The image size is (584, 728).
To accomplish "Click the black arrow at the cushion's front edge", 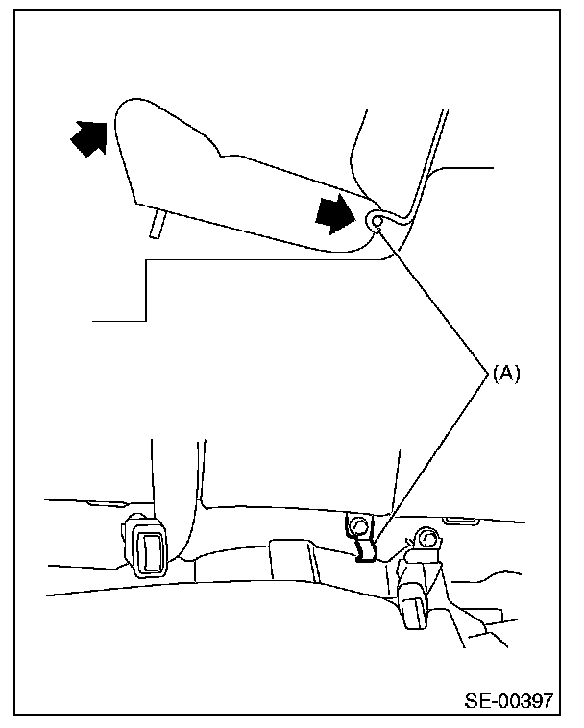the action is (x=89, y=139).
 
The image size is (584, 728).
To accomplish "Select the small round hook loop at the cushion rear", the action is (x=376, y=222).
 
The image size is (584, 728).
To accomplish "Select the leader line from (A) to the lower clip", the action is (x=432, y=451).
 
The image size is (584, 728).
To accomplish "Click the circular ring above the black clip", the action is (x=358, y=526).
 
